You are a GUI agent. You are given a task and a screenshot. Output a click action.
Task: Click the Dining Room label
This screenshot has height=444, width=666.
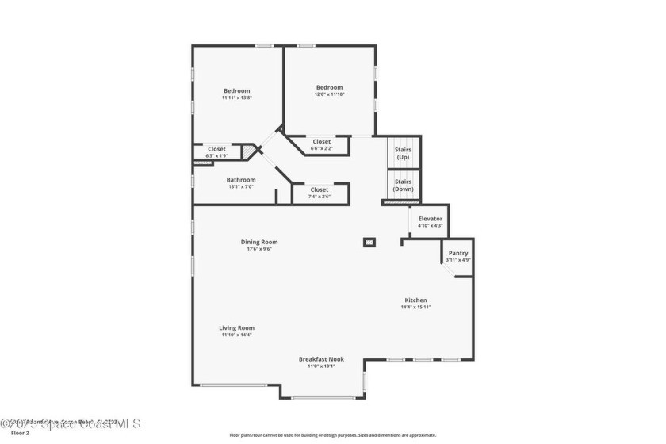(259, 242)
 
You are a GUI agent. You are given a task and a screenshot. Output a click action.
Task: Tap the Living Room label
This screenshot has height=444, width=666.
(236, 327)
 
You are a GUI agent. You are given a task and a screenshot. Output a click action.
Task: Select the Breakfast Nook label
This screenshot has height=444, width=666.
(321, 358)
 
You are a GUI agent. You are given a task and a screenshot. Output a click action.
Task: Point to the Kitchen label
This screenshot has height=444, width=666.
(415, 300)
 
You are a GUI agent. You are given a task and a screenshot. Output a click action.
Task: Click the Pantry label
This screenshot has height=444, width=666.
(458, 253)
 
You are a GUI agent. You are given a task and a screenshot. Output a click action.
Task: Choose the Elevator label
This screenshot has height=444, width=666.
(430, 219)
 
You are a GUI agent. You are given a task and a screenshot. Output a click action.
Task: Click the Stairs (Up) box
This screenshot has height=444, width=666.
(403, 152)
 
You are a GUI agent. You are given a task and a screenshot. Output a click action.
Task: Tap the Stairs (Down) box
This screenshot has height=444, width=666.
(403, 186)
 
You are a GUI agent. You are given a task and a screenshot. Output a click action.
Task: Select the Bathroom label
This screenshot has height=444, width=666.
(241, 180)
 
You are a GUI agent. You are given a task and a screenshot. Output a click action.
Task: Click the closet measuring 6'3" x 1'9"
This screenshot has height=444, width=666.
(216, 152)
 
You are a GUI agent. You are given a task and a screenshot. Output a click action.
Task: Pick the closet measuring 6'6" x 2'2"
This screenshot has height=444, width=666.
(321, 144)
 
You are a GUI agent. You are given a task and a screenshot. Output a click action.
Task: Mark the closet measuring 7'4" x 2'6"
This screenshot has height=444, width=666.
(319, 193)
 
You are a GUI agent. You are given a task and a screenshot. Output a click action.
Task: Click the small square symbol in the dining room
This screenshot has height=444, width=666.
(369, 242)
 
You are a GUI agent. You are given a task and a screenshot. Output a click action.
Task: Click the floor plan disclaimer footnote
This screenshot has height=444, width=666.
(332, 434)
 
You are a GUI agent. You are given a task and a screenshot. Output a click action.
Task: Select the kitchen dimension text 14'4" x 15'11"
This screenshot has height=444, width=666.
(415, 307)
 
